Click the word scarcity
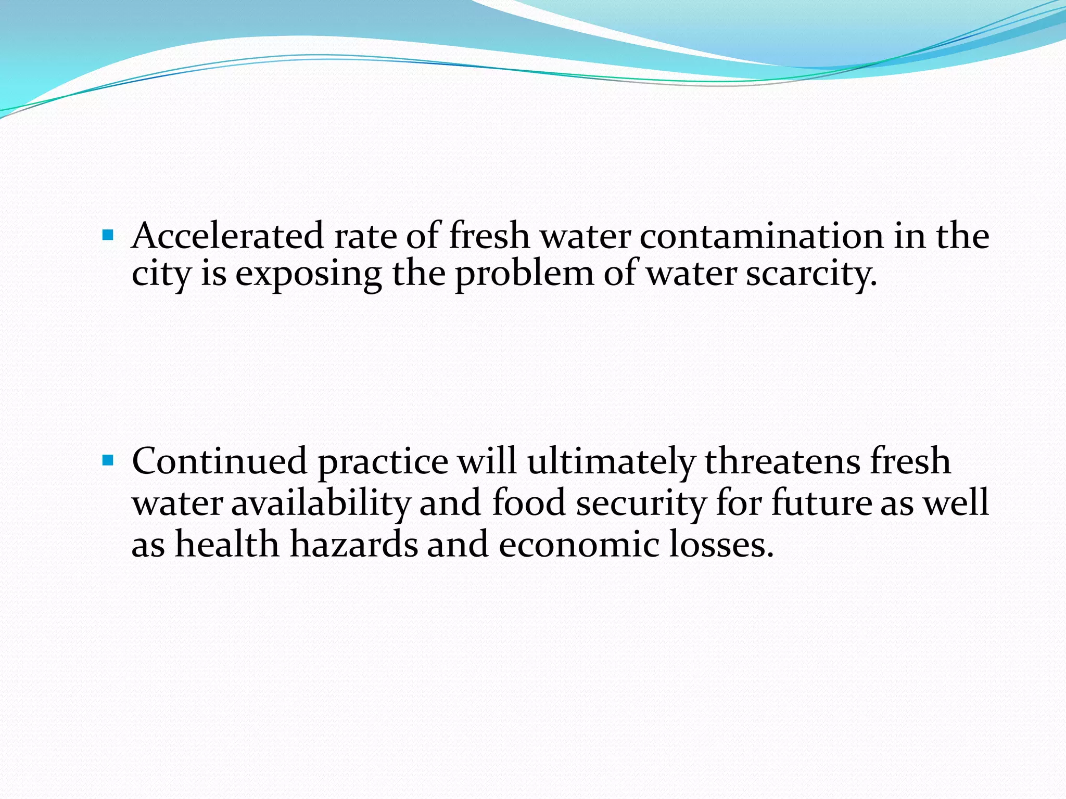coord(811,275)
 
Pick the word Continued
coord(219,461)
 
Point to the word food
coord(528,503)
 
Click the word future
coord(821,503)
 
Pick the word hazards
coord(354,544)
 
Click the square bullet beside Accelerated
coord(108,236)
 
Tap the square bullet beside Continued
coord(108,460)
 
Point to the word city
coord(161,275)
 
